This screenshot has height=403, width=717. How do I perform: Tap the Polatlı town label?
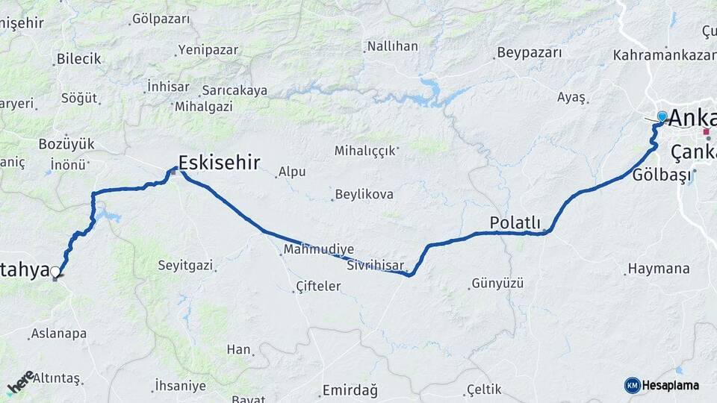(x=515, y=222)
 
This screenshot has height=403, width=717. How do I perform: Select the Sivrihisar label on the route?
(x=376, y=265)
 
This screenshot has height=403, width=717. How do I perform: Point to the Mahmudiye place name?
(x=319, y=249)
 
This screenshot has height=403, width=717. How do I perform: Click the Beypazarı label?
(x=528, y=53)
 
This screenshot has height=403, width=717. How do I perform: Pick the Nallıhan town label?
(x=392, y=46)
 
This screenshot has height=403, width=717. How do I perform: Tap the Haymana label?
(x=668, y=268)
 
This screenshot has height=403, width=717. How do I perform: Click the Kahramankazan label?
(x=659, y=55)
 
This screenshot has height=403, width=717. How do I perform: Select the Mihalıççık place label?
(x=364, y=151)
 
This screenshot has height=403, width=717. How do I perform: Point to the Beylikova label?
(x=364, y=194)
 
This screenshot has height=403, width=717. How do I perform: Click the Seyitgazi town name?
(x=185, y=265)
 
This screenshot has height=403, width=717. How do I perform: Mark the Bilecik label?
(x=78, y=59)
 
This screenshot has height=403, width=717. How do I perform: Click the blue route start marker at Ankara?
(x=662, y=116)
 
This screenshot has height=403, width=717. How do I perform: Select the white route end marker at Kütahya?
(x=55, y=272)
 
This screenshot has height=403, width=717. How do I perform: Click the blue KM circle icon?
(x=632, y=385)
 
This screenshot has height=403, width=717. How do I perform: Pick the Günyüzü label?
(x=497, y=284)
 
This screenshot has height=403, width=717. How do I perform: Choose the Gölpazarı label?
(x=161, y=19)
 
